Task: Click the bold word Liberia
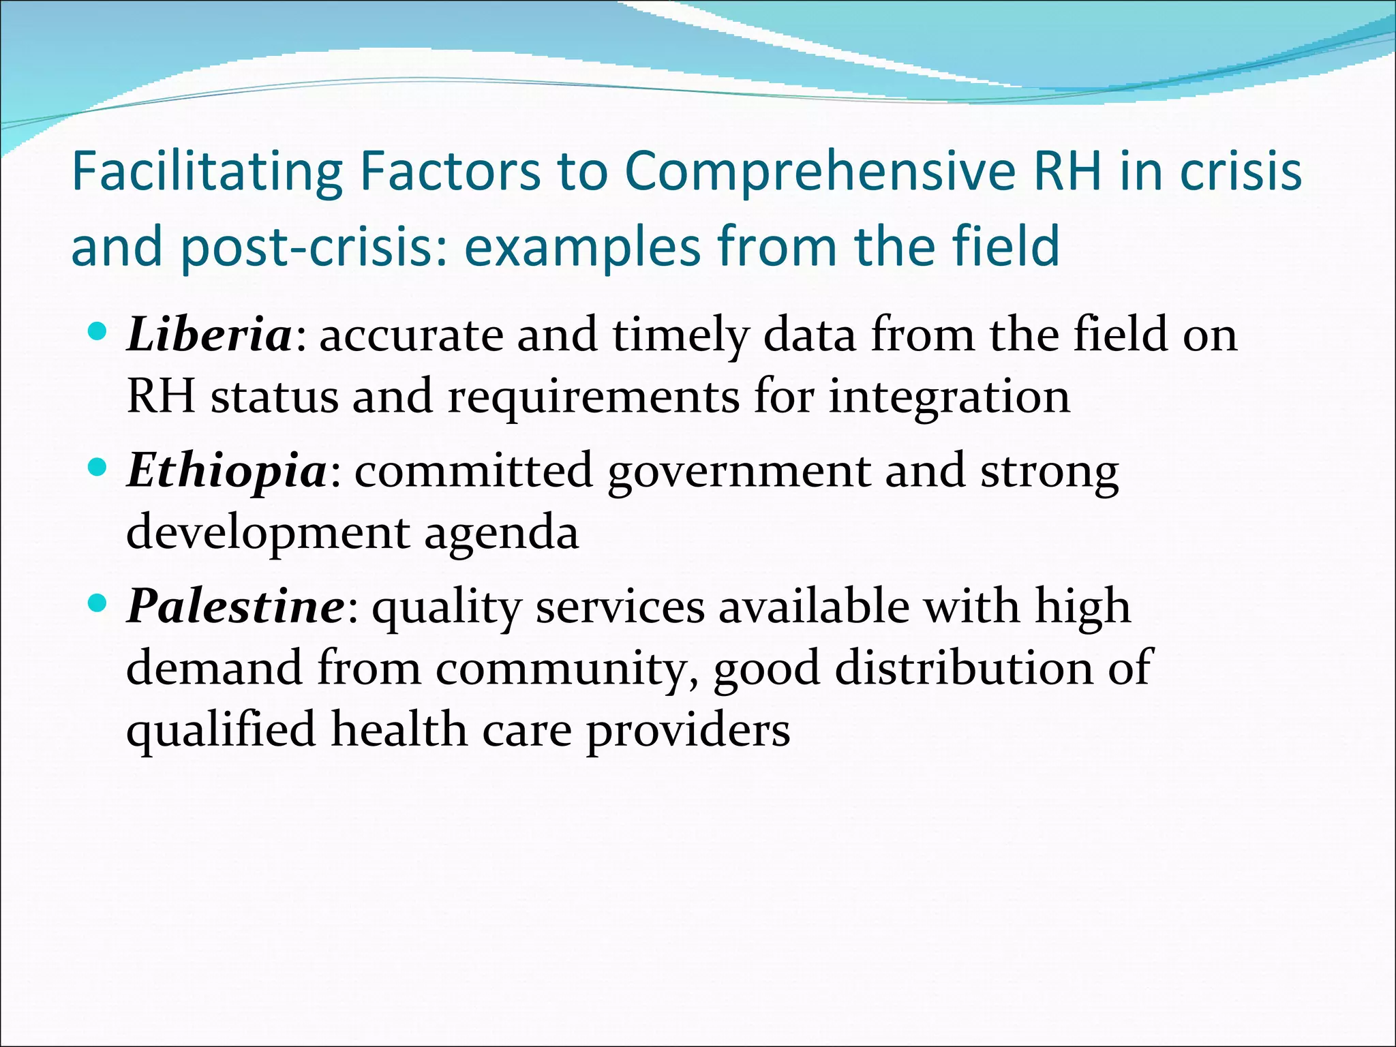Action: (x=209, y=335)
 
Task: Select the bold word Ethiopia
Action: (x=227, y=471)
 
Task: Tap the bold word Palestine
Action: (x=236, y=607)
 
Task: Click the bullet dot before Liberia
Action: (x=98, y=332)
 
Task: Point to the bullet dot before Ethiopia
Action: (x=98, y=468)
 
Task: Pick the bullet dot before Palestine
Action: (x=98, y=603)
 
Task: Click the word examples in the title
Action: (x=582, y=247)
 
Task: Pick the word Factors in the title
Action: (x=450, y=172)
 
